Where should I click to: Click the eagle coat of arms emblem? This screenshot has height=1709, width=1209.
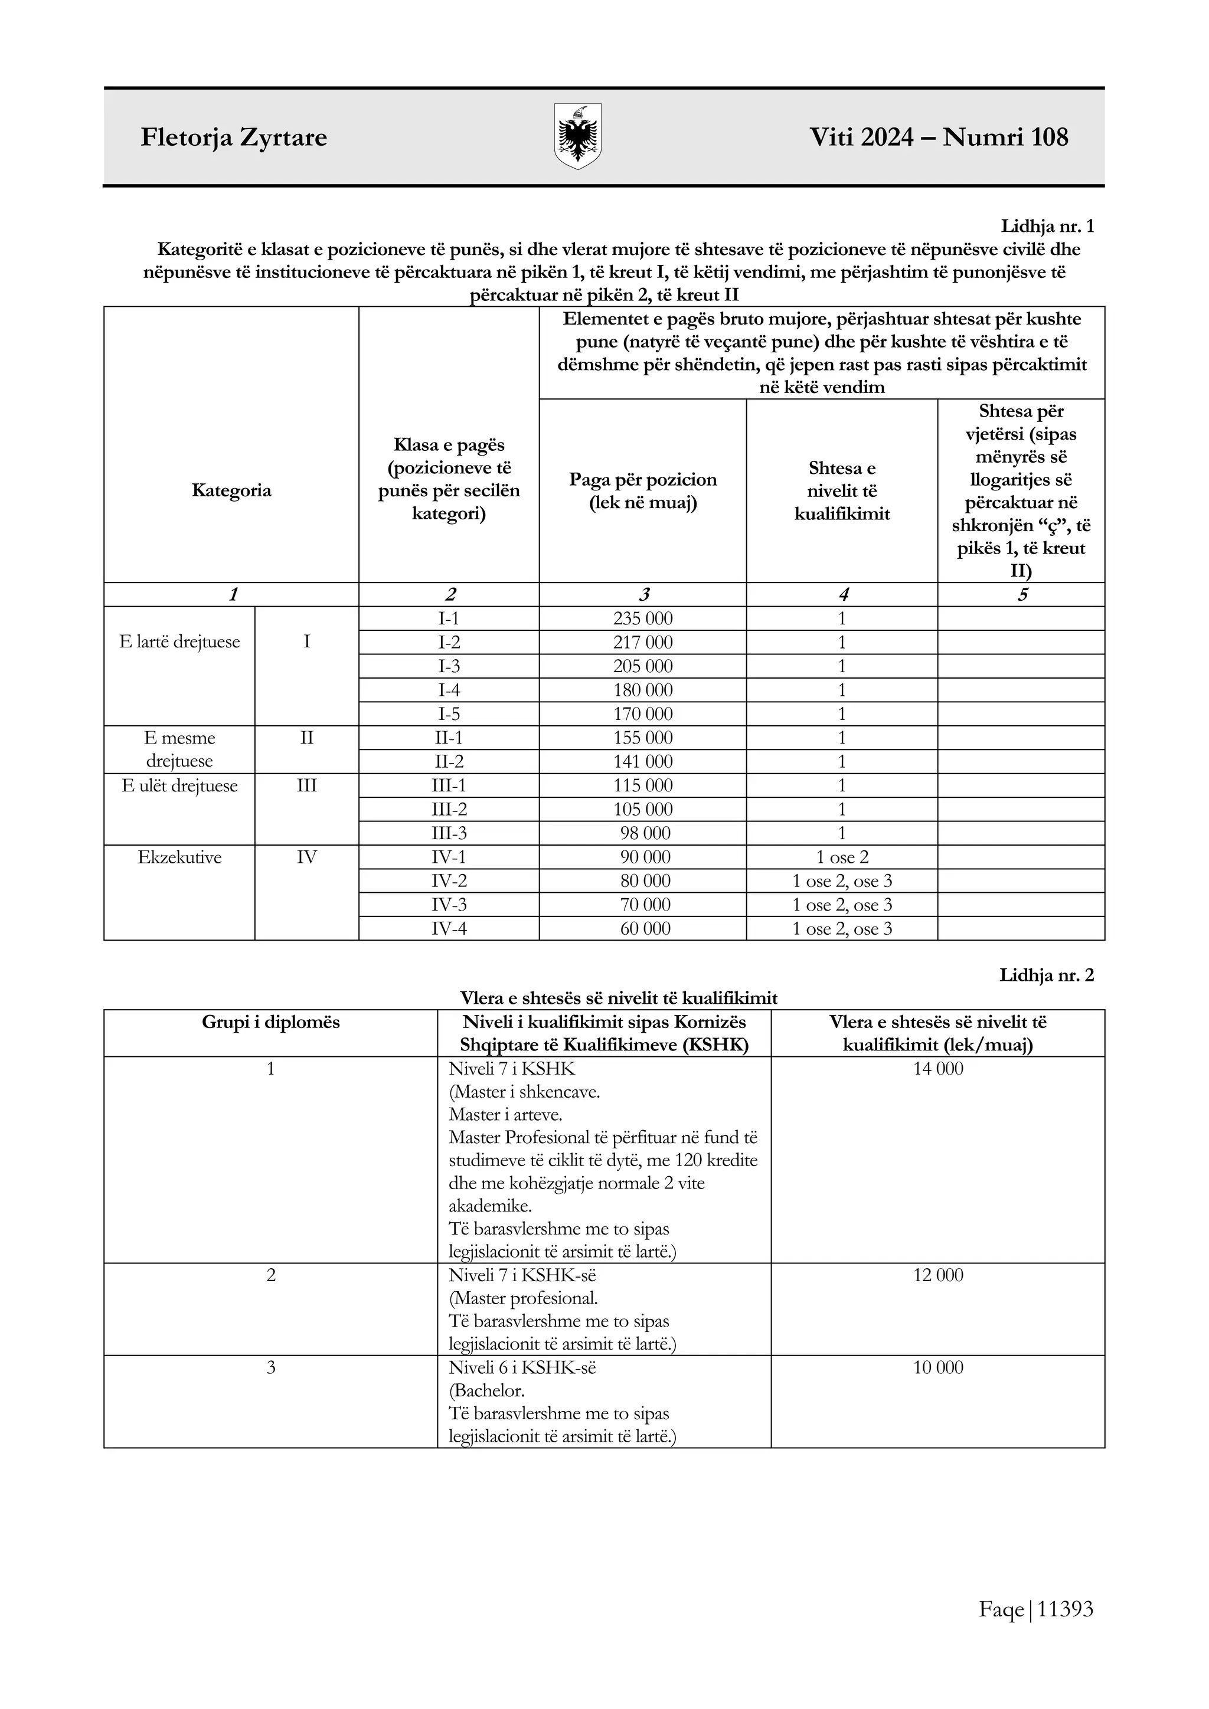coord(578,136)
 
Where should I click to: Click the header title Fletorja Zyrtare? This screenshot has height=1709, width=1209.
coord(234,137)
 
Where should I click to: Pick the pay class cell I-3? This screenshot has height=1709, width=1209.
coord(449,666)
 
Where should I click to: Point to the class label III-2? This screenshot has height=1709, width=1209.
coord(449,809)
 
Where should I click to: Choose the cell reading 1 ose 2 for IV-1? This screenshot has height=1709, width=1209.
coord(842,857)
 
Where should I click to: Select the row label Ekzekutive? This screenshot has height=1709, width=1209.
coord(179,857)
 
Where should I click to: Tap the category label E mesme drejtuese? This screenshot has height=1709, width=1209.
coord(179,749)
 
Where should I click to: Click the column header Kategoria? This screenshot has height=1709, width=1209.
coord(231,490)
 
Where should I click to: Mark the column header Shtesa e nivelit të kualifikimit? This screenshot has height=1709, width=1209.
coord(842,490)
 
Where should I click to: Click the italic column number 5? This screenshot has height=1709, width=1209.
coord(1022,595)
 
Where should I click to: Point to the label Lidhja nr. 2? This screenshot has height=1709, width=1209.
coord(1046,975)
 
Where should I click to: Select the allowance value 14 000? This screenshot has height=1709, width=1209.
coord(938,1068)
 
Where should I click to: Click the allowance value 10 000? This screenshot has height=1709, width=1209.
coord(938,1367)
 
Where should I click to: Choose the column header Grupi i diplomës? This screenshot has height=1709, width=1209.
coord(270,1022)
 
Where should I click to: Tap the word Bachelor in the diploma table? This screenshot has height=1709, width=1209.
coord(488,1390)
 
